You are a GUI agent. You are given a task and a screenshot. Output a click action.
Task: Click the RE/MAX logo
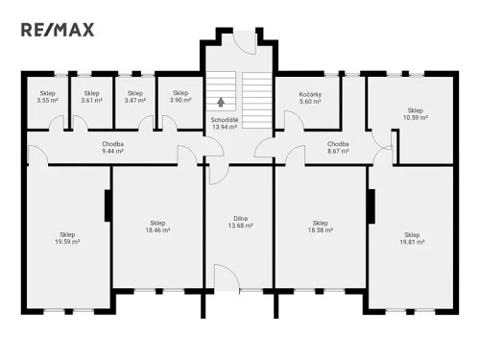58,29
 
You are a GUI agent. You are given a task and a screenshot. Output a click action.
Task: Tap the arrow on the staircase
222,100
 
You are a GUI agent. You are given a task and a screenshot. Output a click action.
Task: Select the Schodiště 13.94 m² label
225,123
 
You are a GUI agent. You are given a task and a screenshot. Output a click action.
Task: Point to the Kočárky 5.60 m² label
308,97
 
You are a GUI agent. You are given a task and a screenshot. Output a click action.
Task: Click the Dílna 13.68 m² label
240,223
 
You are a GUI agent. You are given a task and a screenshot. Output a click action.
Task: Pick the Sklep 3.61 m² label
91,97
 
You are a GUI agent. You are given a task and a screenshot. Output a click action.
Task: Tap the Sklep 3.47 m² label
135,97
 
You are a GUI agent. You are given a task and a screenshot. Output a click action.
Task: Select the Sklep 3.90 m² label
180,97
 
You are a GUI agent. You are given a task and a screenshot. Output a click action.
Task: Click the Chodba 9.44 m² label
113,147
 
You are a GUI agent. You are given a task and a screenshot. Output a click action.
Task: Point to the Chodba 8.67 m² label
337,147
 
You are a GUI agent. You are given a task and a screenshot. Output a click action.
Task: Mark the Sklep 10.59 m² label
416,113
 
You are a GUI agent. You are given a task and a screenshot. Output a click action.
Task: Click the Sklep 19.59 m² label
67,238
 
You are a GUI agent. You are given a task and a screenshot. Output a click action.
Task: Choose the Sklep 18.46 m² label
157,227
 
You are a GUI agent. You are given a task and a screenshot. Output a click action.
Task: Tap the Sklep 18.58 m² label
320,227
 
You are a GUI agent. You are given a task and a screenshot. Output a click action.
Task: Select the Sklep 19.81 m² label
412,238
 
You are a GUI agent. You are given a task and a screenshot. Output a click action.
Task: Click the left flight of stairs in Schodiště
222,89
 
